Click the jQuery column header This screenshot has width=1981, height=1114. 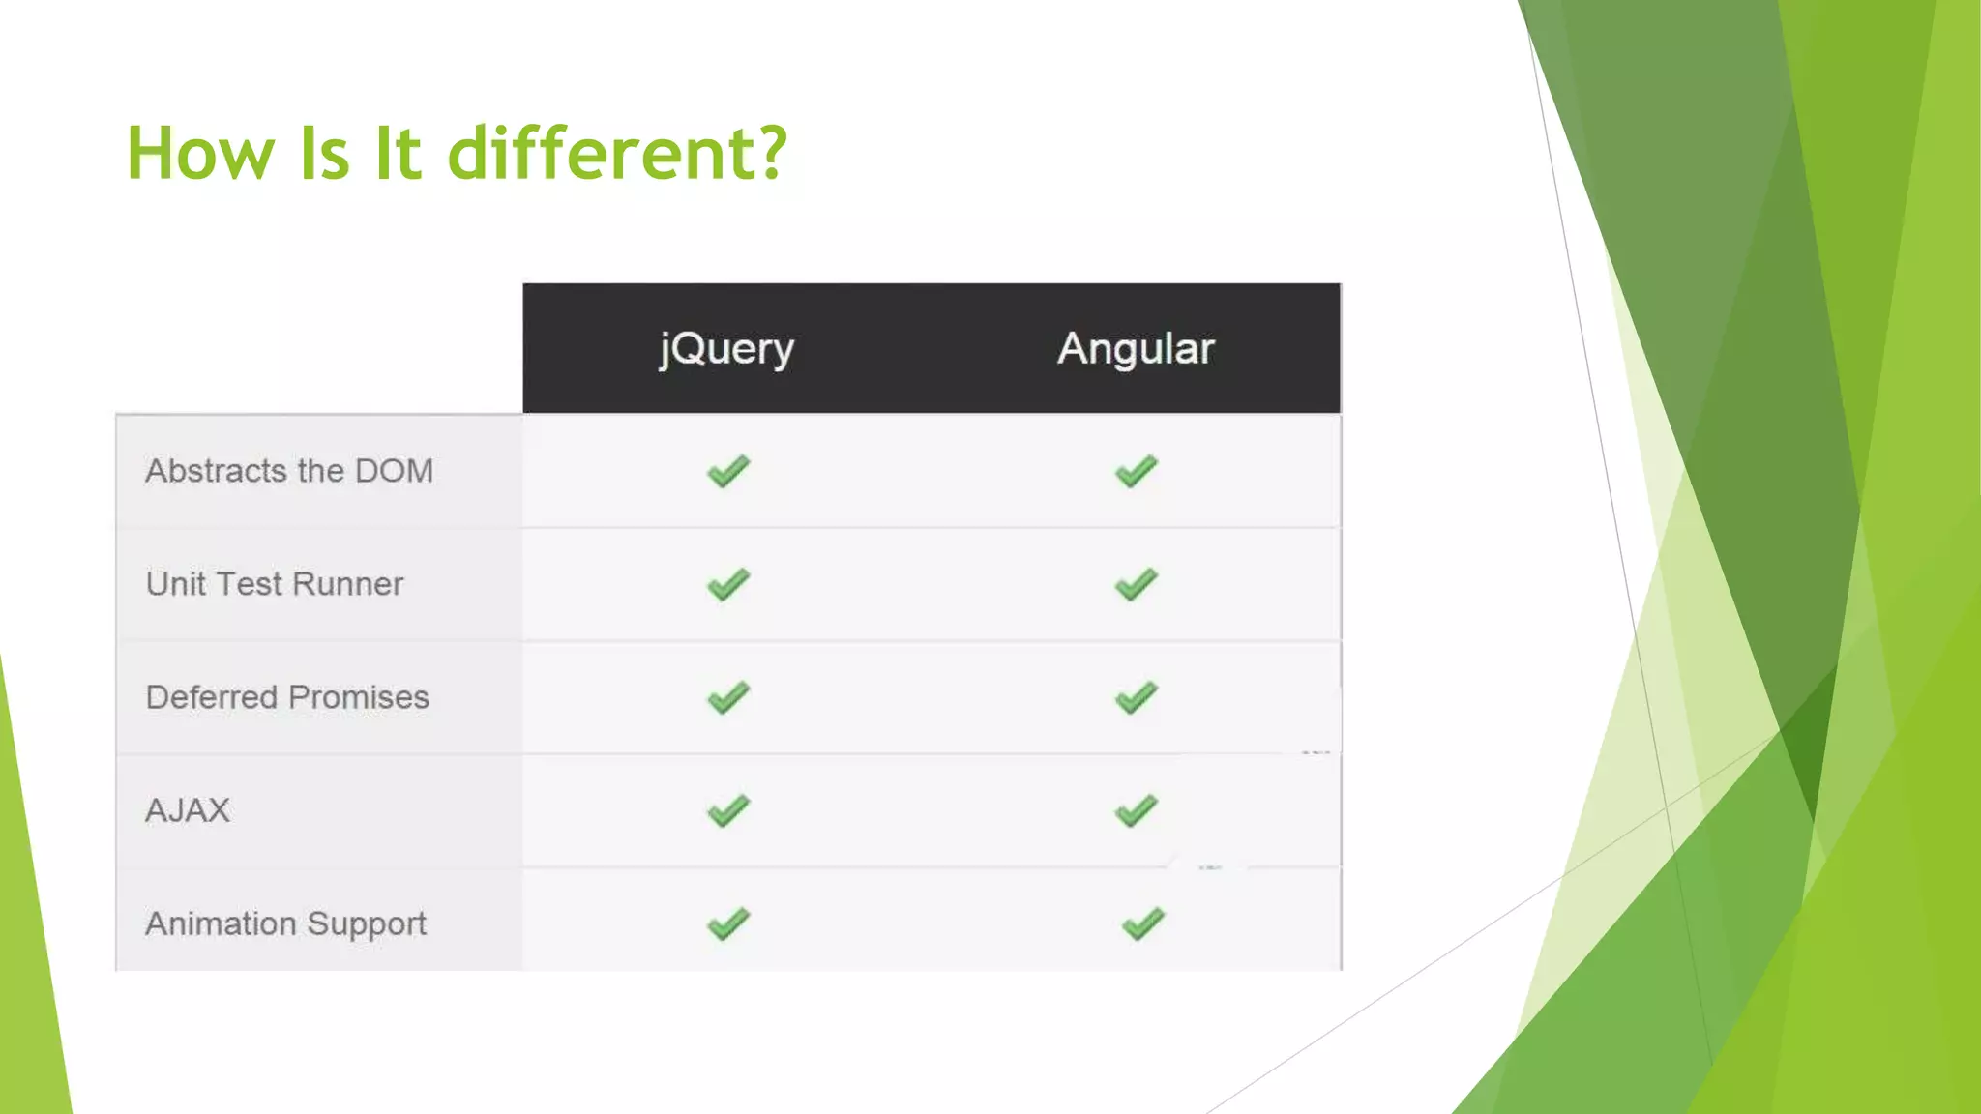[x=726, y=349]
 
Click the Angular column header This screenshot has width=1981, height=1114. [x=1136, y=349]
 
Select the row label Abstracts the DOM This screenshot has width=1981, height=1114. [x=289, y=471]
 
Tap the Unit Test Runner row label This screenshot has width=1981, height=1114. [x=275, y=584]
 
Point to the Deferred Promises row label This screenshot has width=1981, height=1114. [x=287, y=697]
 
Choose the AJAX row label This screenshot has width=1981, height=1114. [x=188, y=810]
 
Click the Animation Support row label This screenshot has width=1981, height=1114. [x=285, y=923]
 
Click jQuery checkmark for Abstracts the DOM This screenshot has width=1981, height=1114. [x=728, y=471]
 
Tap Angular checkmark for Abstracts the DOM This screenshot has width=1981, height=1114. [x=1137, y=471]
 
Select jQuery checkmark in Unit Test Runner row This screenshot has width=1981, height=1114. [x=728, y=584]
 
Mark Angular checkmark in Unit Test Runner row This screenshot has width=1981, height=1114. [x=1137, y=584]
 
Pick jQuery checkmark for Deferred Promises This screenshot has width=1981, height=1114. [x=728, y=697]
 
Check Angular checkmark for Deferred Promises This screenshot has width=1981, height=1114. [x=1137, y=697]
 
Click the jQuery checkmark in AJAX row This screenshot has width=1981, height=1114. [x=728, y=810]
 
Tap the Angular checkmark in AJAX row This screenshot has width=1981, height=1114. [x=1137, y=810]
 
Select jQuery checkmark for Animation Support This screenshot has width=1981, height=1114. [x=728, y=923]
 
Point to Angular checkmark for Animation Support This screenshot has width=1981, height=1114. [x=1143, y=923]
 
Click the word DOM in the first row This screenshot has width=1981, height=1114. [x=394, y=471]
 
